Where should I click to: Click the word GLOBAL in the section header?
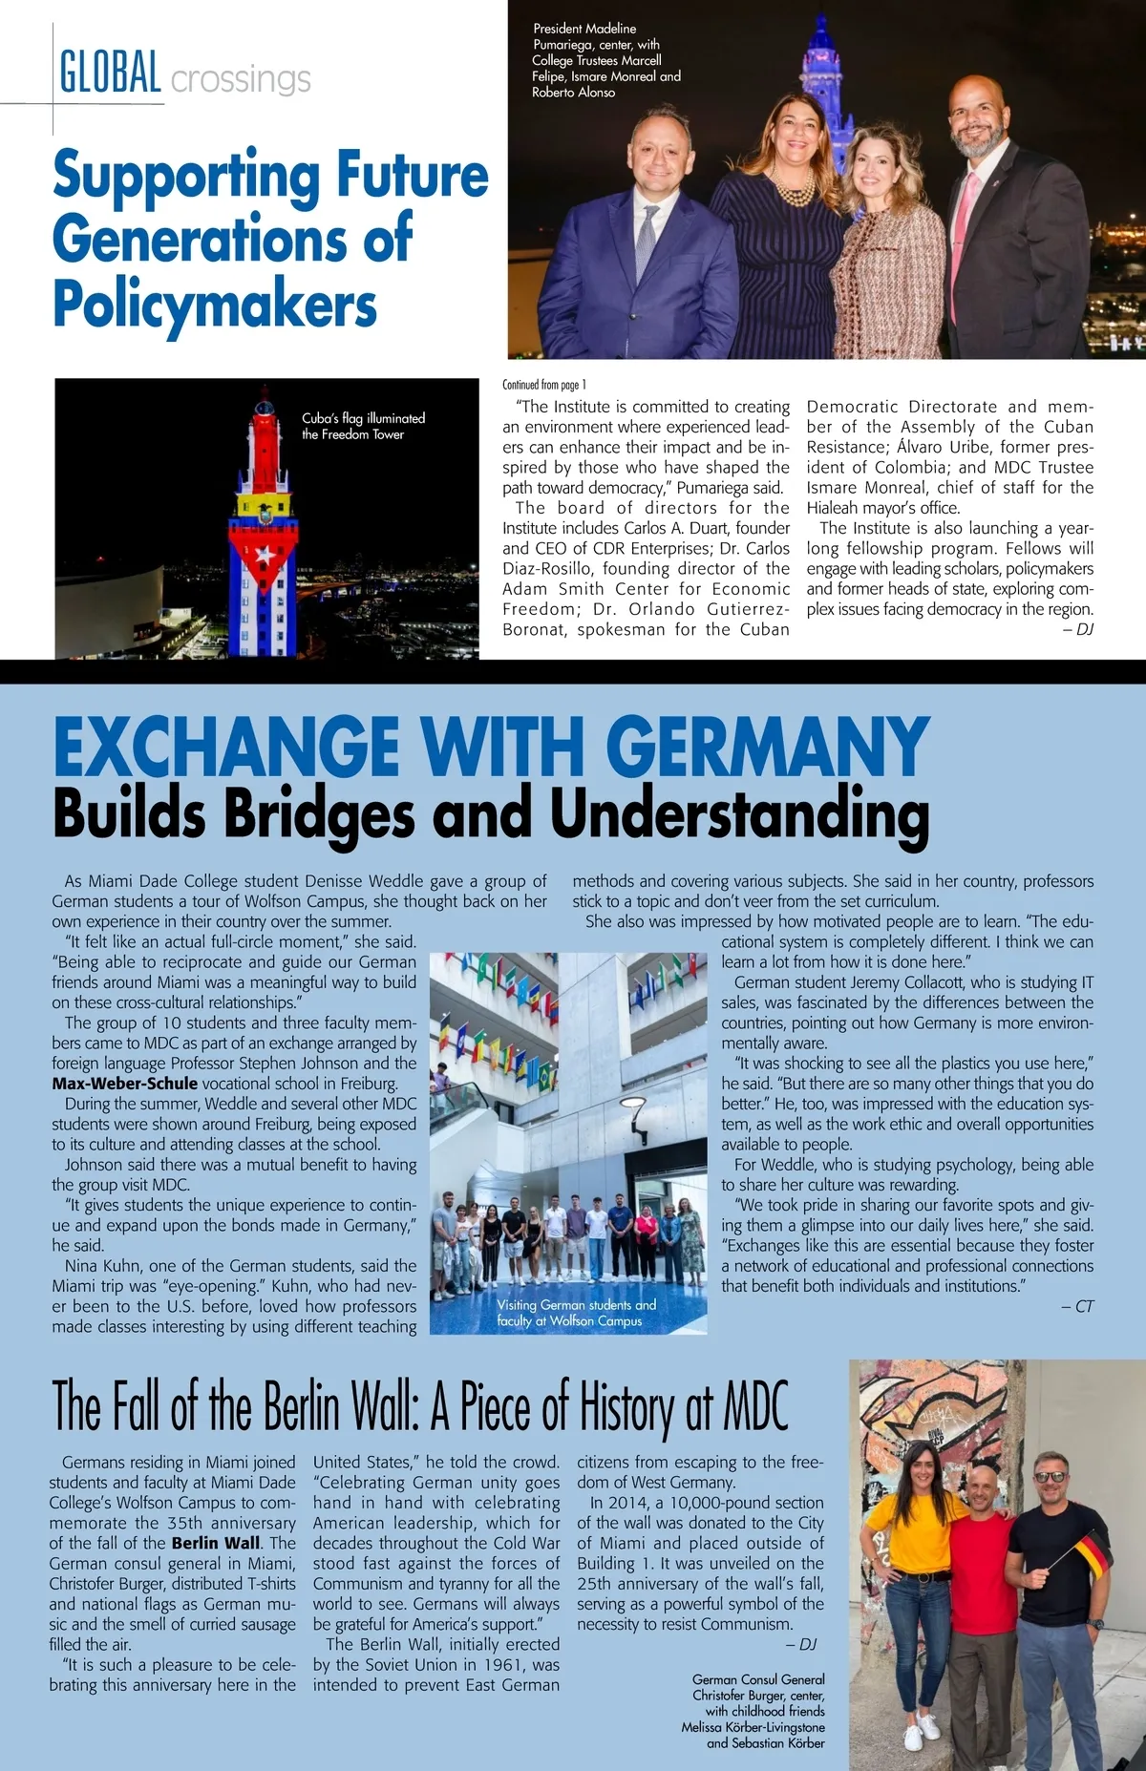click(110, 73)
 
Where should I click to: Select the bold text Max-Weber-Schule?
click(125, 1084)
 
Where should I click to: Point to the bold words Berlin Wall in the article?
click(216, 1543)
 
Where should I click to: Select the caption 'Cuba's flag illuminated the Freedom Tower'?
click(363, 426)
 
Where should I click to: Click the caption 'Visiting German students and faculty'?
click(576, 1313)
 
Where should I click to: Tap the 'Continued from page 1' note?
click(544, 385)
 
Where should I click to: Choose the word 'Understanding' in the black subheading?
click(739, 814)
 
